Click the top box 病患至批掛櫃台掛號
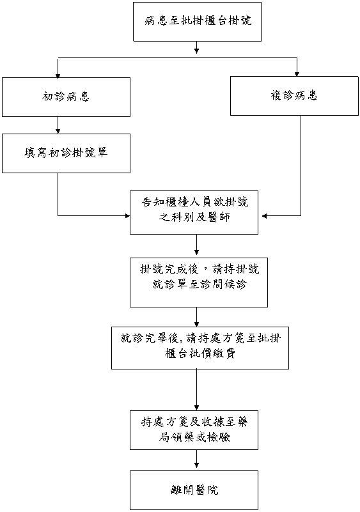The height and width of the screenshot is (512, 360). (x=197, y=22)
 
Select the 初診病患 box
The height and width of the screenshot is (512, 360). (x=66, y=97)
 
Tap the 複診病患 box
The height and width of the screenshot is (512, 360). (x=294, y=96)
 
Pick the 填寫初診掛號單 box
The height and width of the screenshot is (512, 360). (x=66, y=153)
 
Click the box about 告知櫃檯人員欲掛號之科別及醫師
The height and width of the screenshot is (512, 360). (x=194, y=213)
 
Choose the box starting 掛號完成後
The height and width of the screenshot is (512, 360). (x=199, y=283)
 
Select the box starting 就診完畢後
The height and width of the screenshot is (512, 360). (x=200, y=348)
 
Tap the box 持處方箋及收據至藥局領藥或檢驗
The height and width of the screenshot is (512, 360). (x=194, y=430)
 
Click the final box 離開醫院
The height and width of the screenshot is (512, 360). (x=194, y=490)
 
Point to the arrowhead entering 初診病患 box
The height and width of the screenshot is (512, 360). (x=58, y=77)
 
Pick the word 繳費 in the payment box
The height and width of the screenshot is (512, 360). (x=224, y=353)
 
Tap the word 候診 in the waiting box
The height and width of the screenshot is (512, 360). (x=235, y=284)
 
